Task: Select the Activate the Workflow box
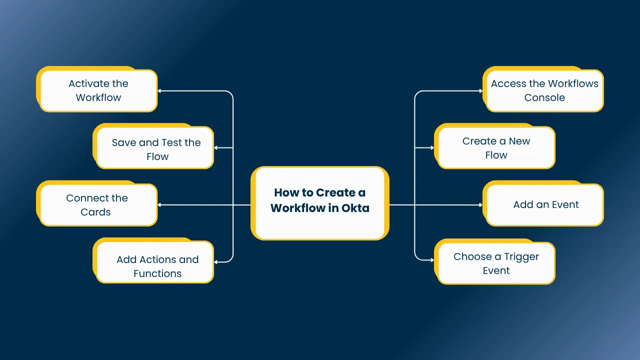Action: tap(98, 90)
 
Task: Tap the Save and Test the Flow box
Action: tap(155, 148)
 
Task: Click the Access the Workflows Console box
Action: tap(544, 90)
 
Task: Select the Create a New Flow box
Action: tap(496, 148)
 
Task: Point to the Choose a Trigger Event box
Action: tap(496, 263)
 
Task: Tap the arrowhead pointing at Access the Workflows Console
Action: tap(480, 91)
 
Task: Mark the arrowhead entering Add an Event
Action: tap(480, 205)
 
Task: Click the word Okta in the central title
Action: tap(355, 208)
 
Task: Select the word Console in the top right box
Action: tap(544, 98)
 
